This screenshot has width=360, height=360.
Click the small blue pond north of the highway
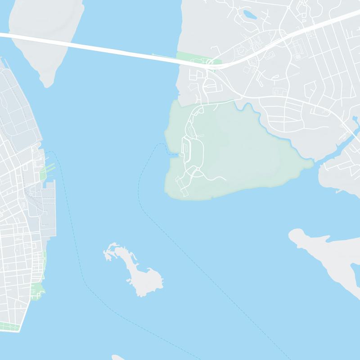click(x=249, y=15)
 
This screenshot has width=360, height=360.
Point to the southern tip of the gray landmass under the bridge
click(x=46, y=83)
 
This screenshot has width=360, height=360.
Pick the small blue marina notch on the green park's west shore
click(x=173, y=154)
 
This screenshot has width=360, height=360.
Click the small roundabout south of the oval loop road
click(x=197, y=170)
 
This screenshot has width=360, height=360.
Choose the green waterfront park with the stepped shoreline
click(x=40, y=288)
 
